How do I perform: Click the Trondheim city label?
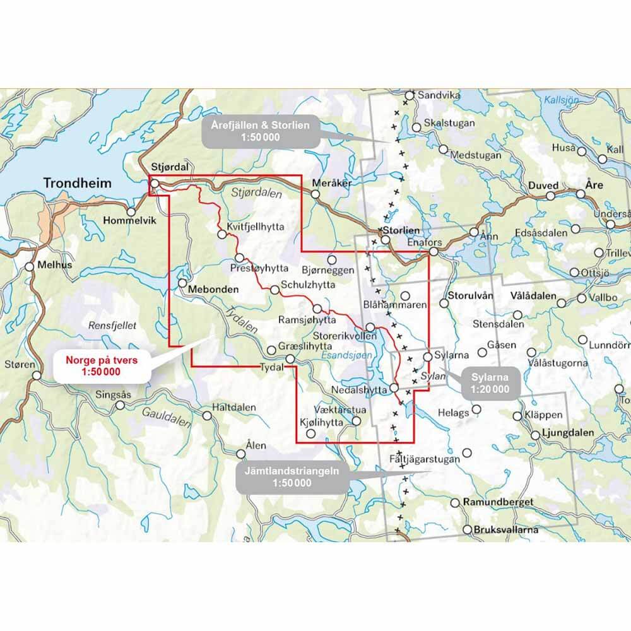(77, 184)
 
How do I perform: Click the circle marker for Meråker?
(315, 194)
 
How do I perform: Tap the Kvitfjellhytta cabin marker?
(222, 234)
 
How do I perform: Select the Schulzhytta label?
(308, 285)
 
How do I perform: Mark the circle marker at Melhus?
(30, 266)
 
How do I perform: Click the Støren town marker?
(37, 375)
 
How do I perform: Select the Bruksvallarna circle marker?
(468, 529)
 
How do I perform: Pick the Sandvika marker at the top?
(410, 95)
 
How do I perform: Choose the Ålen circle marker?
(241, 453)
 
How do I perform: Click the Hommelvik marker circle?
(131, 213)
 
